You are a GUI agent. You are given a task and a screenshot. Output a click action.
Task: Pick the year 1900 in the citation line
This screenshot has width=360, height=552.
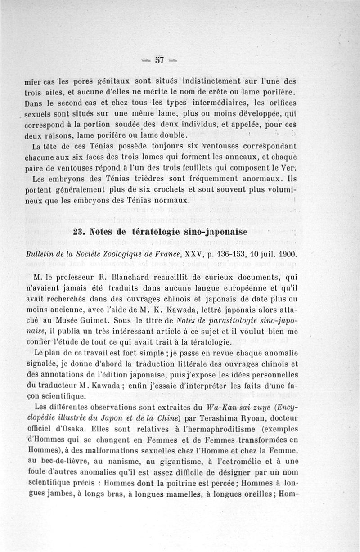285,254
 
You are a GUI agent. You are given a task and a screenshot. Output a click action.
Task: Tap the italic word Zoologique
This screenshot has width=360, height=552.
118,254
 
